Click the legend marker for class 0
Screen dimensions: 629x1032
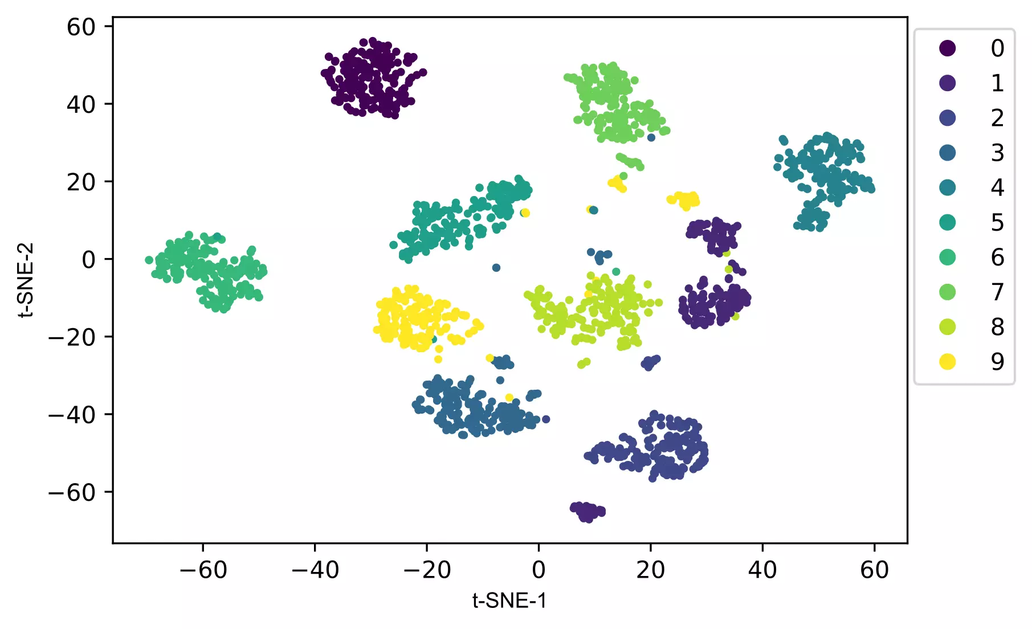point(947,48)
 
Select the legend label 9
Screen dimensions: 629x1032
point(997,362)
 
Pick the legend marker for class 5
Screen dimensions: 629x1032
point(947,222)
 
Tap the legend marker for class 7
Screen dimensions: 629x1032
point(947,292)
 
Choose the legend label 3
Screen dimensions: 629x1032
point(997,153)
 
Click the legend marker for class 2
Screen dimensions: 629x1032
point(947,118)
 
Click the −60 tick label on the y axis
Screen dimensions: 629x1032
point(72,492)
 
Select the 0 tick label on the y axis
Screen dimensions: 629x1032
point(88,260)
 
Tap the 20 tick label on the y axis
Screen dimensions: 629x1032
point(81,182)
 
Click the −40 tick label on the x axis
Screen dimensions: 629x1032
point(315,570)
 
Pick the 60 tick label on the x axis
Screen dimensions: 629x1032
point(874,570)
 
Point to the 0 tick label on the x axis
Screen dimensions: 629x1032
point(539,570)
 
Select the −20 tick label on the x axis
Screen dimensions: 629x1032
point(427,570)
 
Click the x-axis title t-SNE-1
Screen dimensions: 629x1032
point(509,601)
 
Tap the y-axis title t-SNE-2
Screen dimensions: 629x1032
point(26,280)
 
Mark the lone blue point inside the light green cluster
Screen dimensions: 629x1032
point(651,137)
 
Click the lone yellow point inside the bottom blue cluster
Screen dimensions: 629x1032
point(509,398)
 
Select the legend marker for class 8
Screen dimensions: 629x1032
point(947,327)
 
